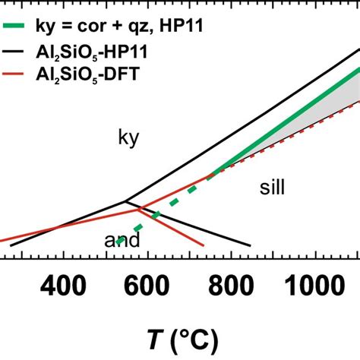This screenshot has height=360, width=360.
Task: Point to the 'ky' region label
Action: (130, 137)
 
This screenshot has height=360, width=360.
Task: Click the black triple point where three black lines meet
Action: (126, 201)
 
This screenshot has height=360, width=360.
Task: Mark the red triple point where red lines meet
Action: (137, 210)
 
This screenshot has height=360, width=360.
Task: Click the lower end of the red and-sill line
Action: (204, 246)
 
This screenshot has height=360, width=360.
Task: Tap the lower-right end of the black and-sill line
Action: (250, 245)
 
